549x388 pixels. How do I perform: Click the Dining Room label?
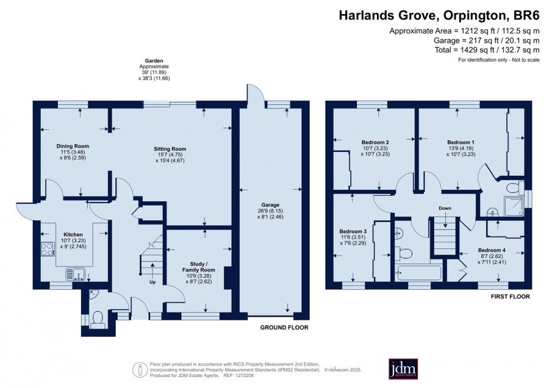(73, 146)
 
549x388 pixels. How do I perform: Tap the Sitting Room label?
(170, 149)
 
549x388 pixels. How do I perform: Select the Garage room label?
(270, 205)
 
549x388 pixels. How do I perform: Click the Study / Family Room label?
(198, 267)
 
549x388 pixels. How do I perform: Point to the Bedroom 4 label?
(492, 250)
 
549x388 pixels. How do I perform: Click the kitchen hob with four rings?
(48, 249)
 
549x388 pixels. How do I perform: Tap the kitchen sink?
(76, 274)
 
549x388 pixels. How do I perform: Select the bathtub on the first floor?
(418, 273)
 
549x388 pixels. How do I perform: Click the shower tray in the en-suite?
(514, 206)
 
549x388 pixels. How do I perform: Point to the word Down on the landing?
(445, 208)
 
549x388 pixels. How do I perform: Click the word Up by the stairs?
(152, 282)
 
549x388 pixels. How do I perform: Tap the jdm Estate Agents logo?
(403, 368)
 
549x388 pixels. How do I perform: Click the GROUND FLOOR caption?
(284, 328)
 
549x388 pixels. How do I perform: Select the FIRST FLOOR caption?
(510, 296)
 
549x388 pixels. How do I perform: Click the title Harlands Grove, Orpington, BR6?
(439, 15)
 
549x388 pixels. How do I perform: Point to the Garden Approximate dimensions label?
(154, 70)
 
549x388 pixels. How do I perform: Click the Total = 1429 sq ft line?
(487, 50)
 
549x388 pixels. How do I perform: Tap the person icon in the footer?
(140, 370)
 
